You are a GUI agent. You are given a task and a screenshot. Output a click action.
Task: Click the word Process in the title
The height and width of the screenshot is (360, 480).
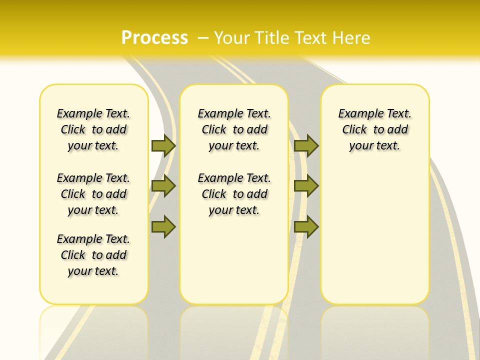pos(154,37)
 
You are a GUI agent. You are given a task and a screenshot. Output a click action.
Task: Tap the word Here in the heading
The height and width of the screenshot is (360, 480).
pos(351,37)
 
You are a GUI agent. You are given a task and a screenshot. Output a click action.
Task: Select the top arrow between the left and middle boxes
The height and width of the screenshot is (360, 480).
pos(163,145)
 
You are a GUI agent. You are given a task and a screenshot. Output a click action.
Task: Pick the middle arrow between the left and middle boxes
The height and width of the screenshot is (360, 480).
pos(163,186)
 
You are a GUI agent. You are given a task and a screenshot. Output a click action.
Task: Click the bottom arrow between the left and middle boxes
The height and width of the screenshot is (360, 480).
pos(163,227)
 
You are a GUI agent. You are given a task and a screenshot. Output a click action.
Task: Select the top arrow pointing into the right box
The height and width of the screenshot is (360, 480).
pos(306,145)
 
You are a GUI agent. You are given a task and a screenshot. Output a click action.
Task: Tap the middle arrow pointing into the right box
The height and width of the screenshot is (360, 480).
pos(306,186)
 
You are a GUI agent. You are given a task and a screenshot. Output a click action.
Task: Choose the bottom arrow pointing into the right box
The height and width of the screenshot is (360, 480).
pos(306,227)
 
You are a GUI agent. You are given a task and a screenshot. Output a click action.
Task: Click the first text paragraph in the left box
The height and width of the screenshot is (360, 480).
pos(93,129)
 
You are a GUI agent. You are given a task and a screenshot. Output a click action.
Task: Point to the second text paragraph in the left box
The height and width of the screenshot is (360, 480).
pos(93,194)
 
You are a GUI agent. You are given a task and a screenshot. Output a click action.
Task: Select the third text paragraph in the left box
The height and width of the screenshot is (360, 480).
pos(93,255)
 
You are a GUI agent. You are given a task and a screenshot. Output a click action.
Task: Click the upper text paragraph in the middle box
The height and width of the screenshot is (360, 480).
pos(234,129)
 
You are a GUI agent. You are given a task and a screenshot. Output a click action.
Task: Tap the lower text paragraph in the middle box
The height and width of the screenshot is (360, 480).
pos(234,194)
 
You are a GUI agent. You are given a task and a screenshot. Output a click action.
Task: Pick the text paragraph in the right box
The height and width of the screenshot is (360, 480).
pos(374,129)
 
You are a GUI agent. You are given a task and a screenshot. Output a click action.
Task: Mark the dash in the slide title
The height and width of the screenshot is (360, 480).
pos(203,37)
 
